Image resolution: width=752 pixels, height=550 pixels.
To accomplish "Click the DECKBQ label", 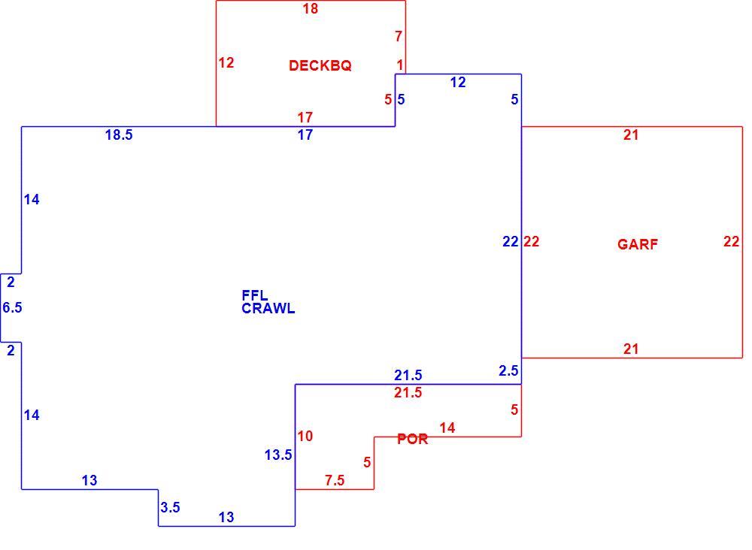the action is [x=320, y=65].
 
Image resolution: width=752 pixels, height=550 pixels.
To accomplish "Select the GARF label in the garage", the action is [x=638, y=244].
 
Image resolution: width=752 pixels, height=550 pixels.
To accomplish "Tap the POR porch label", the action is [x=412, y=439].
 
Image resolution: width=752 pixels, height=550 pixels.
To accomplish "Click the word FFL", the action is [x=255, y=295].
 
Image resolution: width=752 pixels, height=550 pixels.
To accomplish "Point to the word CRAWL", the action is [x=268, y=309].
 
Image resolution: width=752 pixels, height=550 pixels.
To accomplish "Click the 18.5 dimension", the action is [x=119, y=135].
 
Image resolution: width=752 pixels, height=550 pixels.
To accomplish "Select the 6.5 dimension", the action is [x=12, y=307].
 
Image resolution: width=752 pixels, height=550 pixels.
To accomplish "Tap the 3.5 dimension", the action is [x=170, y=507].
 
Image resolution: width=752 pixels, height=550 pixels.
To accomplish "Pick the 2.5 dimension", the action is [x=508, y=371].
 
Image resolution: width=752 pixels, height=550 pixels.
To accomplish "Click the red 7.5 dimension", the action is [x=335, y=480].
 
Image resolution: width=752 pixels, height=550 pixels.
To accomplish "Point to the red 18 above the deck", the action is [x=311, y=8].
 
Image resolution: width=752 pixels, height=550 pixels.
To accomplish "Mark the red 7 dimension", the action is [x=399, y=36].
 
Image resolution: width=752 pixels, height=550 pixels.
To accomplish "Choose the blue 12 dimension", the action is [x=458, y=83].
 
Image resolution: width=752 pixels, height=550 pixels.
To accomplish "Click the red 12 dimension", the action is [x=226, y=63].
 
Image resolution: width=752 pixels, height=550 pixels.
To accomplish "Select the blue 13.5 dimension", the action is [x=278, y=455].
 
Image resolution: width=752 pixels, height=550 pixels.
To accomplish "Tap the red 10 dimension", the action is [x=305, y=436].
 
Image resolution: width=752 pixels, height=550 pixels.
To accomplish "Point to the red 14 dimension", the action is [x=447, y=428].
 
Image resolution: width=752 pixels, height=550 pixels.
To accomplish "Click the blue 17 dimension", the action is [x=305, y=135].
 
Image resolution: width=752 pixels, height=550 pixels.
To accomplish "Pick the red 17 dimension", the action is [x=305, y=117].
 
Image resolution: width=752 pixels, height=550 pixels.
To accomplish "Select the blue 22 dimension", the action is [x=511, y=241].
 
